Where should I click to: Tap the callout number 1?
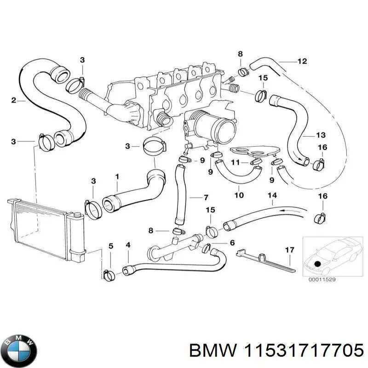[117, 176]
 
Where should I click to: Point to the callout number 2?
[13, 100]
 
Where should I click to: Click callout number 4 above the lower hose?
[127, 245]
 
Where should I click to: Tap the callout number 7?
[206, 198]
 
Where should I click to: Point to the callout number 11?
[235, 162]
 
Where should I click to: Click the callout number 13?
[320, 135]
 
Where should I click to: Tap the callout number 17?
[289, 250]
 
